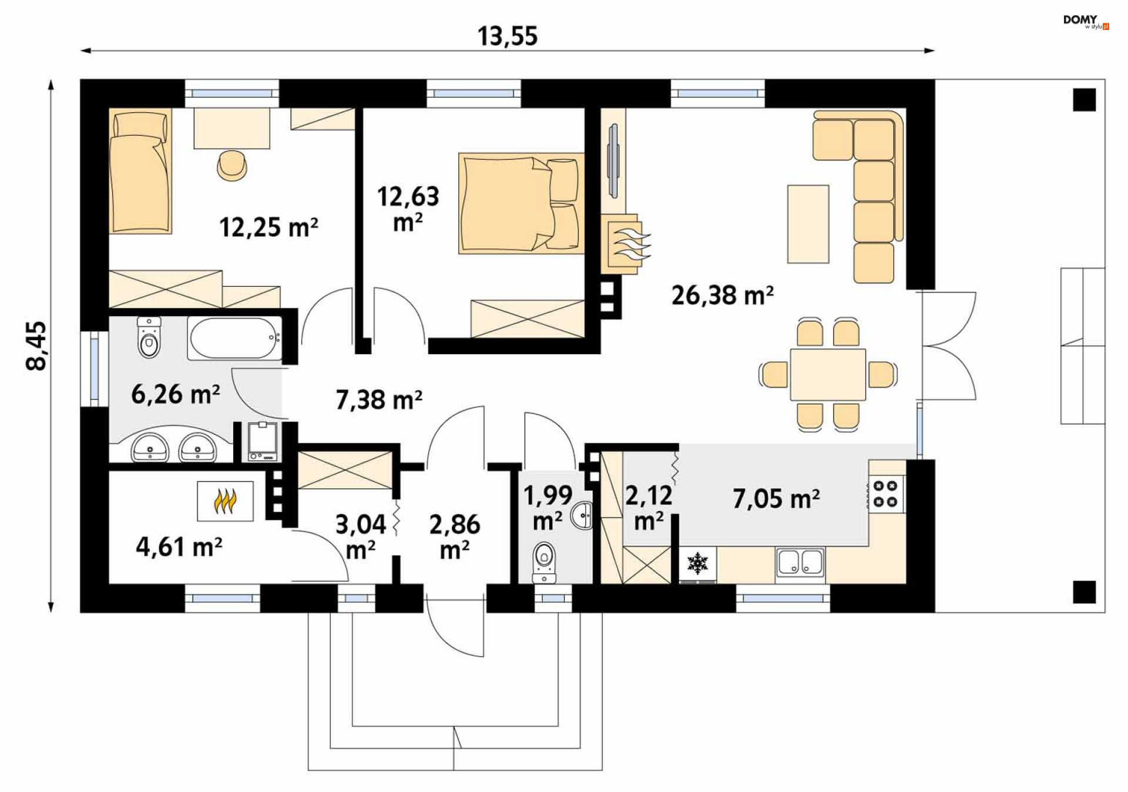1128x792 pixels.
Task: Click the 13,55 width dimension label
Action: pyautogui.click(x=507, y=36)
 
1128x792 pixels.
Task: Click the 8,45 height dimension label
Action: pyautogui.click(x=36, y=345)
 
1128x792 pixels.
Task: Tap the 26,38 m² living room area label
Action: pyautogui.click(x=722, y=295)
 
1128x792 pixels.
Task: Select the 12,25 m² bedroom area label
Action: pyautogui.click(x=268, y=227)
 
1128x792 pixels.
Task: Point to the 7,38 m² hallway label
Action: pyautogui.click(x=379, y=400)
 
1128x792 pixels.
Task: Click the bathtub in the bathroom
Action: pyautogui.click(x=235, y=338)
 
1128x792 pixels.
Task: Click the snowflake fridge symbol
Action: pyautogui.click(x=698, y=563)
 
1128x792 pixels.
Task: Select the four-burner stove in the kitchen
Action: pyautogui.click(x=887, y=494)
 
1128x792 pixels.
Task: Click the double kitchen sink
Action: pyautogui.click(x=800, y=562)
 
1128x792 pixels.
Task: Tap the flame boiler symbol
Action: pyautogui.click(x=225, y=501)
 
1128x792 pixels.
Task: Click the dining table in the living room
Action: pyautogui.click(x=827, y=374)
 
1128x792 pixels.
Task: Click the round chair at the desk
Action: pyautogui.click(x=232, y=165)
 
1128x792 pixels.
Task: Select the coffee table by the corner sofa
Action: pyautogui.click(x=808, y=224)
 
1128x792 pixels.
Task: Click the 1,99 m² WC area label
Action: pyautogui.click(x=548, y=507)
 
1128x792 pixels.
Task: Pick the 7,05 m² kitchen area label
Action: pyautogui.click(x=775, y=498)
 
